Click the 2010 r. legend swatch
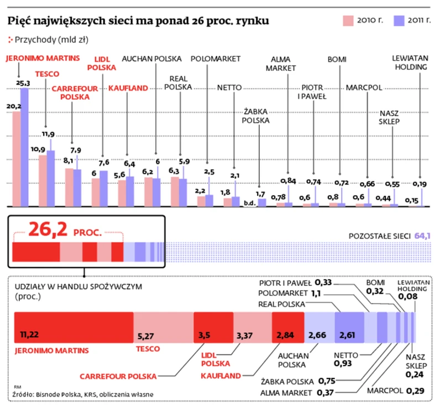coord(348,21)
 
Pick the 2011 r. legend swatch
coord(399,21)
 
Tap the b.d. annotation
coord(249,203)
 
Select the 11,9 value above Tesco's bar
coord(49,134)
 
